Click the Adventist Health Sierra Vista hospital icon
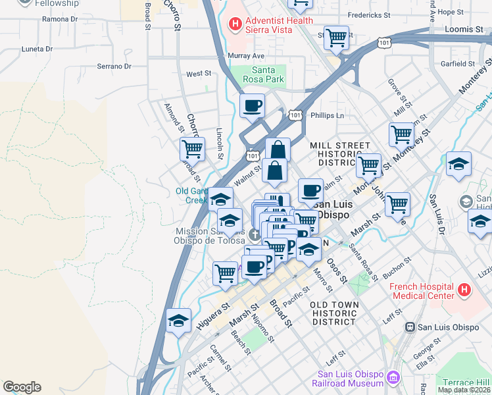coord(235,24)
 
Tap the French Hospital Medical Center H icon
coord(464,290)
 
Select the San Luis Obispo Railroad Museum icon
coord(393,377)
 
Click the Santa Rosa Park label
coord(267,75)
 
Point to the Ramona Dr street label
coord(60,19)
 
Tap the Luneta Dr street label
coord(37,49)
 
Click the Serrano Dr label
coord(114,66)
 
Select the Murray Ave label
coord(246,56)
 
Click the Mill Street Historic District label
coord(340,153)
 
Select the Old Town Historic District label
coord(335,313)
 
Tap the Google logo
coord(22,387)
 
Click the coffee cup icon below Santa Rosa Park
coord(252,105)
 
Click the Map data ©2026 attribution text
coord(464,390)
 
